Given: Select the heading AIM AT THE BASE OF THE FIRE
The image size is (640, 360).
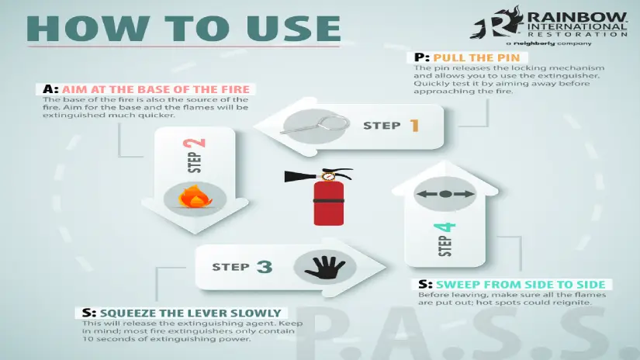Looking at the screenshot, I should point(155,88).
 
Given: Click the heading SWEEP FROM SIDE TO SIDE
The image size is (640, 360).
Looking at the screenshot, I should point(521,284).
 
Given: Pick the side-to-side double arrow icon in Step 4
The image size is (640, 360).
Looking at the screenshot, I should point(445,194).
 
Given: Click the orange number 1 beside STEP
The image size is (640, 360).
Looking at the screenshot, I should point(414,125).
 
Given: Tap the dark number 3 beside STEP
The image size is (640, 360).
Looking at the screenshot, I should point(264,268).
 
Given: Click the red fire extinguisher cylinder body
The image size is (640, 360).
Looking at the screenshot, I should point(327,203).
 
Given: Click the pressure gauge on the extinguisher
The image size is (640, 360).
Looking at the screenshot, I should point(328,176).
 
